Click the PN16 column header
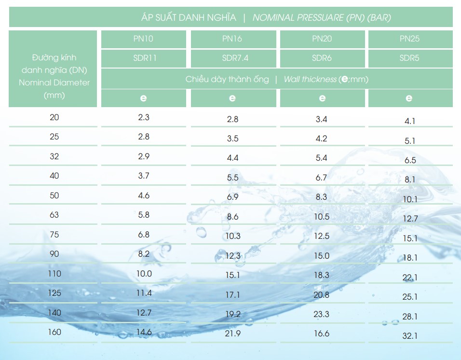point(232,39)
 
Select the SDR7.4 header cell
point(232,58)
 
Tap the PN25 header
point(409,39)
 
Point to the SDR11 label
point(144,58)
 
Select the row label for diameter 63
point(54,215)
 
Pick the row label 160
point(54,332)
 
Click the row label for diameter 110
point(54,274)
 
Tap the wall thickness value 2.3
point(144,117)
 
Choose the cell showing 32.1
point(410,336)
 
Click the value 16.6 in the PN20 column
point(321,334)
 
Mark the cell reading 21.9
point(232,334)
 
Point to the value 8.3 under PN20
point(321,197)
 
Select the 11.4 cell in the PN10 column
point(144,293)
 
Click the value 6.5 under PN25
point(410,160)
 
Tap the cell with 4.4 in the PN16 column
point(232,158)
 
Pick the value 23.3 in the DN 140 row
point(321,314)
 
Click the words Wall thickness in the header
point(310,79)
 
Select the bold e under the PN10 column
point(143,98)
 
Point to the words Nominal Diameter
point(54,83)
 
